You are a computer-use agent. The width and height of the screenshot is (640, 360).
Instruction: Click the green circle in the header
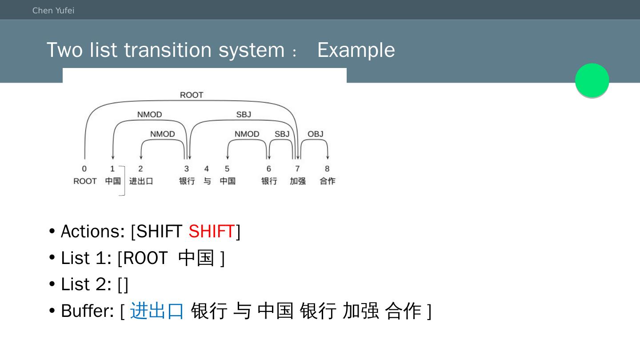point(592,80)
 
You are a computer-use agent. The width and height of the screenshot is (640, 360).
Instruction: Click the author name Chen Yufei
point(53,11)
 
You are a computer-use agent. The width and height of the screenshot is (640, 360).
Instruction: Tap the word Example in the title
point(356,50)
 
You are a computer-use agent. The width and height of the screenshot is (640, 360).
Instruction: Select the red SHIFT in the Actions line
point(212,232)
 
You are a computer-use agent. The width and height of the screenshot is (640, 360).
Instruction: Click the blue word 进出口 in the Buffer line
point(157,311)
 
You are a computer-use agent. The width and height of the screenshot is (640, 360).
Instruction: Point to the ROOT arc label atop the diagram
point(192,95)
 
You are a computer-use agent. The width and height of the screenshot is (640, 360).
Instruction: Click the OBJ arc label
point(316,134)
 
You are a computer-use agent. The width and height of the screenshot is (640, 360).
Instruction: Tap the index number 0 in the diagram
point(84,169)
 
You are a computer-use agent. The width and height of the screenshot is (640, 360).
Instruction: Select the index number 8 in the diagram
point(327,169)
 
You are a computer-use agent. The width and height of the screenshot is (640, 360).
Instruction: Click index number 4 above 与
point(207,169)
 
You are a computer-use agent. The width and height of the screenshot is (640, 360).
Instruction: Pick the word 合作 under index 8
point(328,181)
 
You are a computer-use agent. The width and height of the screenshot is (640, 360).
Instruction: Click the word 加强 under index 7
point(298,181)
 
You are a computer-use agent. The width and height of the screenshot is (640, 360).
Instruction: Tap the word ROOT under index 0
point(85,181)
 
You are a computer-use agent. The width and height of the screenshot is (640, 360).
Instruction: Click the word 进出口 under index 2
point(141,181)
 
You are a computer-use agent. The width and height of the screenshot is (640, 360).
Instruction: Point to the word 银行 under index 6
point(269,181)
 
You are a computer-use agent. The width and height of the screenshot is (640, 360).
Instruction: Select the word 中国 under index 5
point(228,181)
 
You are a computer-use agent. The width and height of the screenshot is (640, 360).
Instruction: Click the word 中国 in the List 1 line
point(196,258)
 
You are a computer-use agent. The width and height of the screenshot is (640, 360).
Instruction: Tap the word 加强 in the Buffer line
point(360,311)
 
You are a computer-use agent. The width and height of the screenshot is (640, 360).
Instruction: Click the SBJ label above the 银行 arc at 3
point(244,115)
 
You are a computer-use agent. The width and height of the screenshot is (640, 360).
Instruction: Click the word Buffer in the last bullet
point(87,311)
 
